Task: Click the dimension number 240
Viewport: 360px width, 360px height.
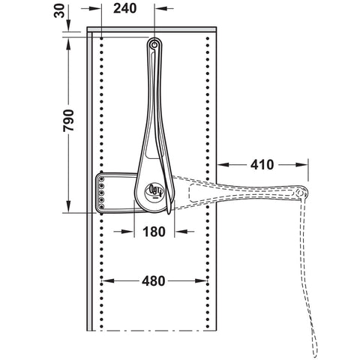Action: [125, 8]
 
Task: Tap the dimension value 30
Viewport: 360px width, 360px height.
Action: [59, 11]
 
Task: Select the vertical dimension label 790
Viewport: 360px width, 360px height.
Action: [68, 121]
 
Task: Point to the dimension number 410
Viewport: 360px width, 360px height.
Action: [262, 164]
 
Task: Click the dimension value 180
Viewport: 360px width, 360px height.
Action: [154, 232]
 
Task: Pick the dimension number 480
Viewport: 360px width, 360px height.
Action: [154, 281]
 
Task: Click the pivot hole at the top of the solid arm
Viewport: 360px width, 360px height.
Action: [154, 45]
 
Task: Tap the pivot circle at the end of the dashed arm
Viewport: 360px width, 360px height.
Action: [299, 193]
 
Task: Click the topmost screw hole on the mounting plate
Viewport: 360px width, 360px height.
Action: [102, 179]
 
